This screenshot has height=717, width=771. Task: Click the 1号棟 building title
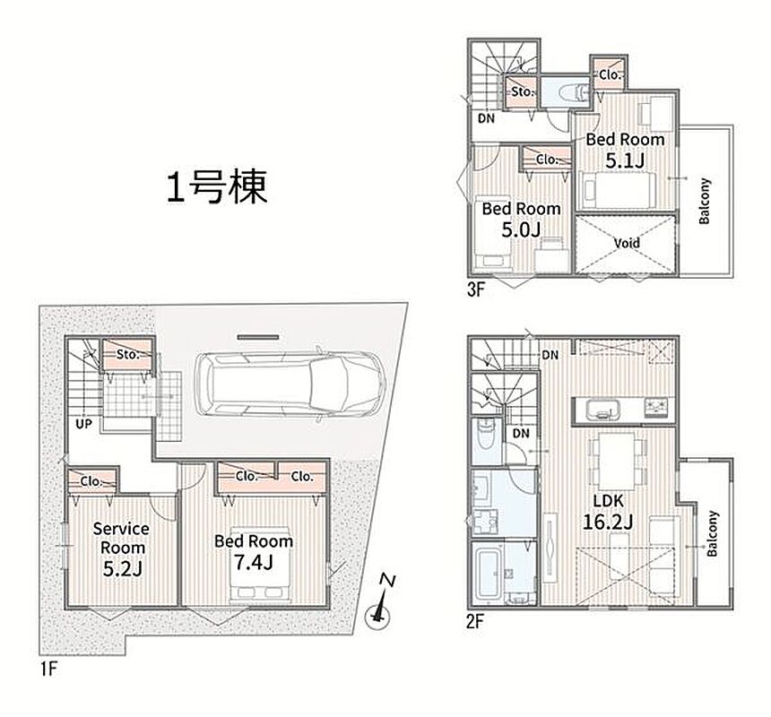[217, 187]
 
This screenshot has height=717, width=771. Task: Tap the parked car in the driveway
[290, 384]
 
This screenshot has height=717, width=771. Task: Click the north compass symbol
[379, 603]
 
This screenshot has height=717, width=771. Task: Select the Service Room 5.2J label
[121, 549]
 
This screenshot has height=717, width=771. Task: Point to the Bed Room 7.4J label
[254, 552]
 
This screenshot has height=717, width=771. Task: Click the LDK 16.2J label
[608, 511]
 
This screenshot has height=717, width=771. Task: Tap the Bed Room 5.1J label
[625, 150]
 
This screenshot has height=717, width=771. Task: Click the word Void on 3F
[627, 243]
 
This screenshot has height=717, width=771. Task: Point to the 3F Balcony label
[705, 201]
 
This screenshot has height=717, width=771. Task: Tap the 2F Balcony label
[713, 533]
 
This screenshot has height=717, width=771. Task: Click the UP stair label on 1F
[83, 423]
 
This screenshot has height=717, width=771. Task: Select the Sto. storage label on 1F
[128, 354]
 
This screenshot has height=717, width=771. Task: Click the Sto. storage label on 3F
[522, 91]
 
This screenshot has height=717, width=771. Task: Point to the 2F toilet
[486, 433]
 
